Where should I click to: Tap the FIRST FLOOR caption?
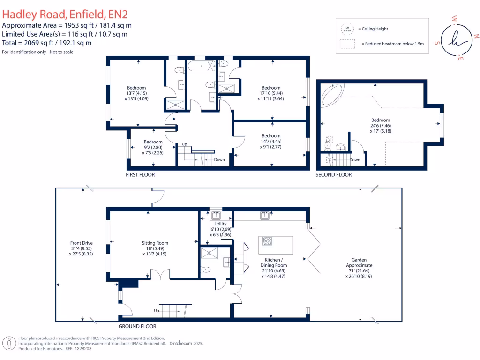tap(140, 175)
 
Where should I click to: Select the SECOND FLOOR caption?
tap(334, 175)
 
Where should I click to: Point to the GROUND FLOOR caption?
tap(137, 326)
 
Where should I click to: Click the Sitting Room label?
tap(155, 243)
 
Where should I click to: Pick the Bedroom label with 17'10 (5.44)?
tap(271, 88)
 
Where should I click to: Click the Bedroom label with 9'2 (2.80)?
tap(153, 142)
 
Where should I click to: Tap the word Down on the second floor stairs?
tap(355, 160)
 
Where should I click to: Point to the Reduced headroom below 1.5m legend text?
tap(392, 44)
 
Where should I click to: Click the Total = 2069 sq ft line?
tap(47, 43)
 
